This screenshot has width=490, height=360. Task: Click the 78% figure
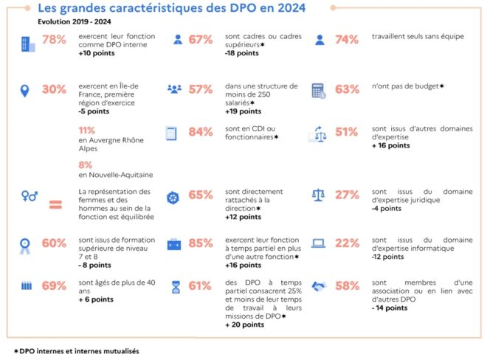(55, 41)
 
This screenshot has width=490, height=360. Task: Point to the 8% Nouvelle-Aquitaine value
(85, 165)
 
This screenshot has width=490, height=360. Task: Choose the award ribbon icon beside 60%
(26, 244)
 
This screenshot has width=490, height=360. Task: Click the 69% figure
(55, 285)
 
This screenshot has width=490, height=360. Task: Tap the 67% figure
(201, 41)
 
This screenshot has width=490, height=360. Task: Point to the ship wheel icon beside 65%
(173, 195)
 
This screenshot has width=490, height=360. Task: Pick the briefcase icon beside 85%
(173, 244)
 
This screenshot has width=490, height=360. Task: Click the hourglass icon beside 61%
(174, 285)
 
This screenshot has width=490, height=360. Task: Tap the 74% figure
(347, 41)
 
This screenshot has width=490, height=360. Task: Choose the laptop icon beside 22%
(320, 243)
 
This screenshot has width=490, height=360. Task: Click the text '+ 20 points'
(246, 325)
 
